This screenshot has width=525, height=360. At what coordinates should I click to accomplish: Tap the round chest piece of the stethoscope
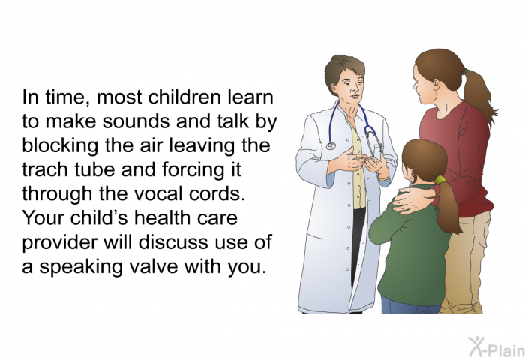(331, 146)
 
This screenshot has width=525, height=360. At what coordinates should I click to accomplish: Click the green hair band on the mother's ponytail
(465, 72)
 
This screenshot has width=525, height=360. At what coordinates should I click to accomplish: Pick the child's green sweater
(410, 247)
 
